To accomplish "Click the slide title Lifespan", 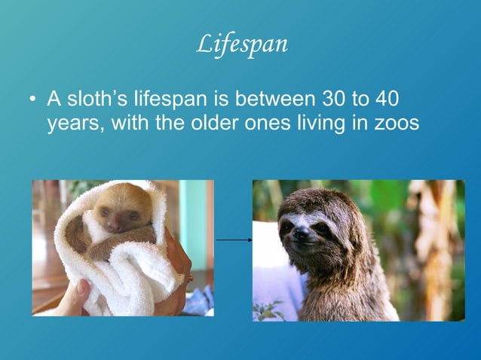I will coord(241,44).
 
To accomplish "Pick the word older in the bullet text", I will coord(213,123).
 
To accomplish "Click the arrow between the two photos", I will coord(234,239).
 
